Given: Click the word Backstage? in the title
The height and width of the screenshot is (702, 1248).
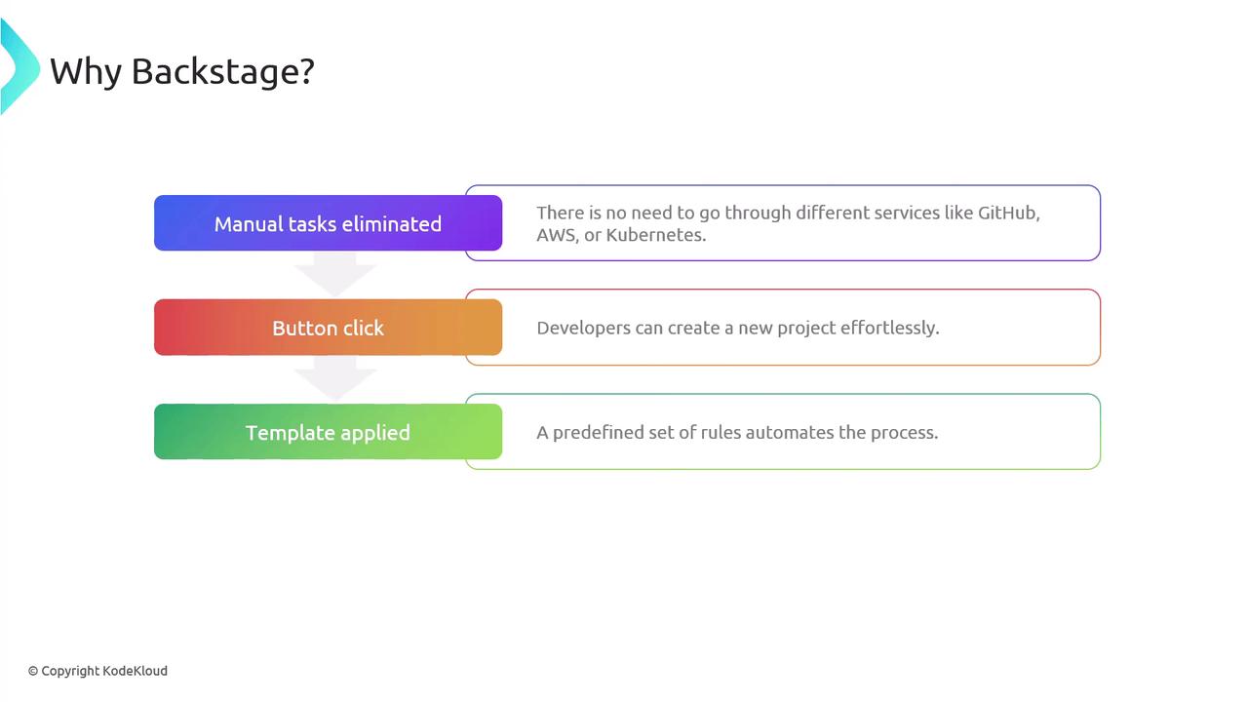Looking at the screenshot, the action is click(223, 72).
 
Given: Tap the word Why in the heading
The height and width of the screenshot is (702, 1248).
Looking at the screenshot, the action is click(86, 73).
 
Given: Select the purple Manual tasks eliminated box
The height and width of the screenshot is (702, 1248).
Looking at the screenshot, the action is click(329, 223).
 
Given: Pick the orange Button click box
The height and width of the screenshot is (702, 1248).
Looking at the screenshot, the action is click(329, 327).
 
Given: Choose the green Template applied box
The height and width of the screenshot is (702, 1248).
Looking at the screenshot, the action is click(329, 432).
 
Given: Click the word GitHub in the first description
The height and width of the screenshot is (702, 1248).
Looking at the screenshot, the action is click(1008, 213).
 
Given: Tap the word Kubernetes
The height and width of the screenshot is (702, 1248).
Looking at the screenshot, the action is click(656, 235).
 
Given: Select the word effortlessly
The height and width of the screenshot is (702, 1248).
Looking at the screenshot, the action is click(889, 329).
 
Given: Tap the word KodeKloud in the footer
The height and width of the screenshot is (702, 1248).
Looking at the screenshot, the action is click(135, 671).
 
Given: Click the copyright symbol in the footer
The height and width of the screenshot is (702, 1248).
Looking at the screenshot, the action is click(33, 672).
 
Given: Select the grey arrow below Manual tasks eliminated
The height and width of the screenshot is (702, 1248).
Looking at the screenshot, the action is click(334, 274).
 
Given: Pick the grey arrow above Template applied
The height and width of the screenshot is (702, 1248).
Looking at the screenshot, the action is click(334, 377).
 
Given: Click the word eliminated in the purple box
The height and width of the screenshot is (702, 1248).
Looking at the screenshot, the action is click(391, 224).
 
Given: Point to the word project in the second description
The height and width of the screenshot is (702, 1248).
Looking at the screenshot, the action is click(806, 329).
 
